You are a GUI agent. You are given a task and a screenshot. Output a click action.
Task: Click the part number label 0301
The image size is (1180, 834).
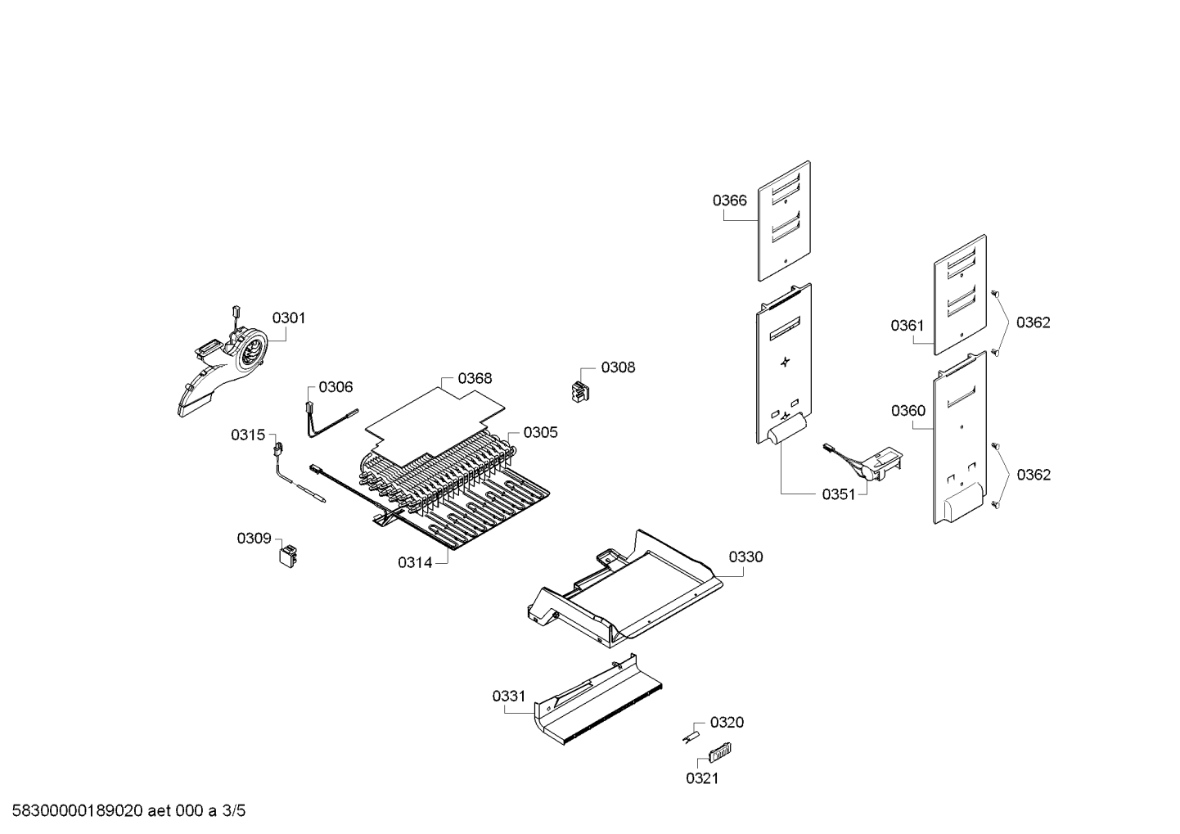(288, 318)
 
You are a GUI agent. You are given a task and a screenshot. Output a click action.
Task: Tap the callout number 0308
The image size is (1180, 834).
(618, 367)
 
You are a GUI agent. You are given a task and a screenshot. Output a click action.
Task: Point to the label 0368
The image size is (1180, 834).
(475, 378)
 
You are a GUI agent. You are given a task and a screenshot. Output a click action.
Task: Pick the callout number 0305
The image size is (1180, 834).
(540, 432)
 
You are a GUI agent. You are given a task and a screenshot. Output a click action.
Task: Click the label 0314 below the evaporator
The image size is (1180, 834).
(415, 562)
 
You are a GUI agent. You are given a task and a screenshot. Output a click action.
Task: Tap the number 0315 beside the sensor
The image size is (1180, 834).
(248, 435)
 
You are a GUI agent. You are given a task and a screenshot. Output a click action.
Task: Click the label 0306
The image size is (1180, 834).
(336, 387)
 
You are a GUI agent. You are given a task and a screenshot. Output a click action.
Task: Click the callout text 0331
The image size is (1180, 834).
(509, 697)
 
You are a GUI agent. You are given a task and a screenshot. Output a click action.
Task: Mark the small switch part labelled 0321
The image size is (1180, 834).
(720, 751)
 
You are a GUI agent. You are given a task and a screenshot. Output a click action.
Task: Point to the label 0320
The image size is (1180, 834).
(727, 722)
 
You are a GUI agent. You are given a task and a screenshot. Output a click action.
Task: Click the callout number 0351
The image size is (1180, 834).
(839, 494)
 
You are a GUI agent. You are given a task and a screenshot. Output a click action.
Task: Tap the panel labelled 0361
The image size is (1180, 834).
(960, 295)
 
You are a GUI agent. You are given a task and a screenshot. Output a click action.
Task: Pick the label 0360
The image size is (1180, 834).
(908, 411)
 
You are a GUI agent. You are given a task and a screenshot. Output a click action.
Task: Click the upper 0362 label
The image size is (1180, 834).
(1033, 322)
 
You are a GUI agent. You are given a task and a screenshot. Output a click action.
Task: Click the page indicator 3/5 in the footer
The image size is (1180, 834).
(234, 811)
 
